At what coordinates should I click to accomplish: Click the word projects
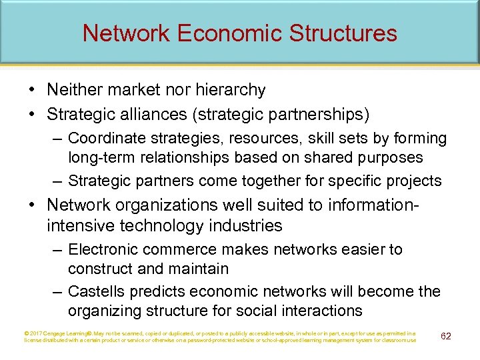pyautogui.click(x=417, y=181)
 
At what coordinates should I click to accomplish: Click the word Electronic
pyautogui.click(x=105, y=249)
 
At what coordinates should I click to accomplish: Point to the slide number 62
pyautogui.click(x=446, y=335)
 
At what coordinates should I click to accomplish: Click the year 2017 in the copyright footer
pyautogui.click(x=36, y=333)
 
